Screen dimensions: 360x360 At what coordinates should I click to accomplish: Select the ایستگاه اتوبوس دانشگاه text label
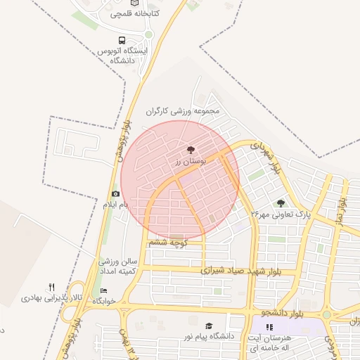tap(125, 56)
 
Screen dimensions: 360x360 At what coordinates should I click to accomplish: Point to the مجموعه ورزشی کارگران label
tap(183, 111)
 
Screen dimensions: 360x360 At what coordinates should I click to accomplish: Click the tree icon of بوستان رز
tap(190, 150)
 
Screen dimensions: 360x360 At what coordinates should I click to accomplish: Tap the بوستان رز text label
tap(188, 162)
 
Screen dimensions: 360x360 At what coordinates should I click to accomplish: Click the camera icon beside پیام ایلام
tap(115, 194)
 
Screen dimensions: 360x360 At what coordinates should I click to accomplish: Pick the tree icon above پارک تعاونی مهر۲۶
tap(281, 203)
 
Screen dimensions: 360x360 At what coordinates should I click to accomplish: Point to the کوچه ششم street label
tap(167, 242)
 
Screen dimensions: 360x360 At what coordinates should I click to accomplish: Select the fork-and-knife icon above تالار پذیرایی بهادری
tap(51, 287)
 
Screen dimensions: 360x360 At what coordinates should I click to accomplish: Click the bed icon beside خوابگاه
tap(104, 290)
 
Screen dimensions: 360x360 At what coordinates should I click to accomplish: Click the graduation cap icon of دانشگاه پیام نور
tap(208, 326)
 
